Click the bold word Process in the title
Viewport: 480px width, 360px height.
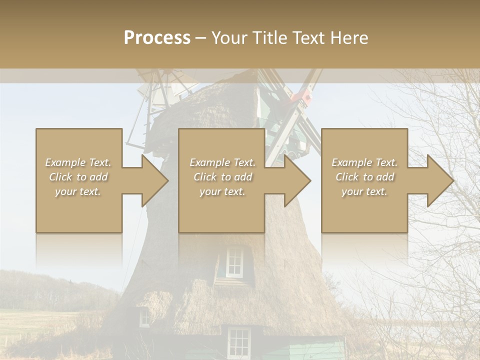click(x=157, y=37)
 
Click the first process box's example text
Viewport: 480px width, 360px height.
click(x=78, y=177)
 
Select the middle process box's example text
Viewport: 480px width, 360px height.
click(x=222, y=177)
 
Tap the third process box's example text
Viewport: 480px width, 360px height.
click(x=364, y=177)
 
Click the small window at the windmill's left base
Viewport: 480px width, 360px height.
click(x=144, y=317)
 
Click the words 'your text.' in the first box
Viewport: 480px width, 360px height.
click(x=78, y=191)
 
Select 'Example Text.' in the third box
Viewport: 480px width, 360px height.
click(x=364, y=162)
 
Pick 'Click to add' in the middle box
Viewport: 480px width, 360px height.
click(x=222, y=177)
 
